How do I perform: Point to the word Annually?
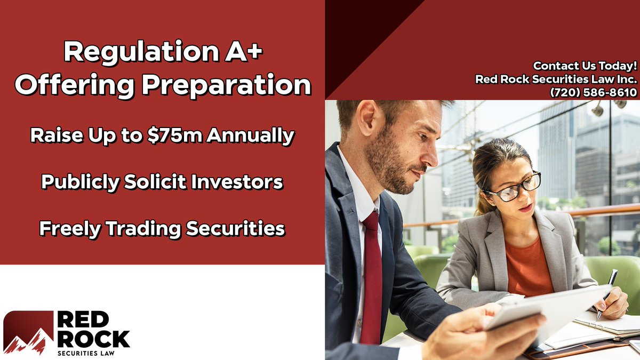click(x=250, y=135)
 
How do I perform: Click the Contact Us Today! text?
click(x=585, y=66)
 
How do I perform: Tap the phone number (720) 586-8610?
click(x=593, y=92)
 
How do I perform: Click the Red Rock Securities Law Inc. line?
click(x=556, y=79)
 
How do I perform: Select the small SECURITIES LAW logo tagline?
click(x=86, y=353)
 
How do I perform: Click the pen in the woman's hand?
click(x=606, y=293)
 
